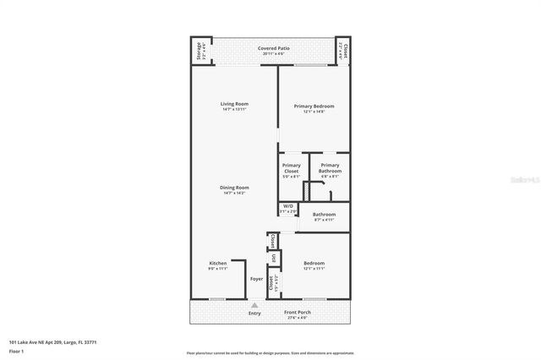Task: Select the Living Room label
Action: click(x=234, y=106)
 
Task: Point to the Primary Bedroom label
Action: click(x=314, y=108)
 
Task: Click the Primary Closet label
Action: click(x=291, y=168)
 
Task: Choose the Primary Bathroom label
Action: click(x=330, y=168)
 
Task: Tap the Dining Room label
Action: click(x=234, y=189)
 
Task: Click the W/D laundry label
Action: click(x=287, y=208)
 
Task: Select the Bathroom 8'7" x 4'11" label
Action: click(x=325, y=216)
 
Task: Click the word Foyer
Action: click(x=256, y=278)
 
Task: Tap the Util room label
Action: click(x=273, y=259)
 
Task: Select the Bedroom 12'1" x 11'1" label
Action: click(x=314, y=265)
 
